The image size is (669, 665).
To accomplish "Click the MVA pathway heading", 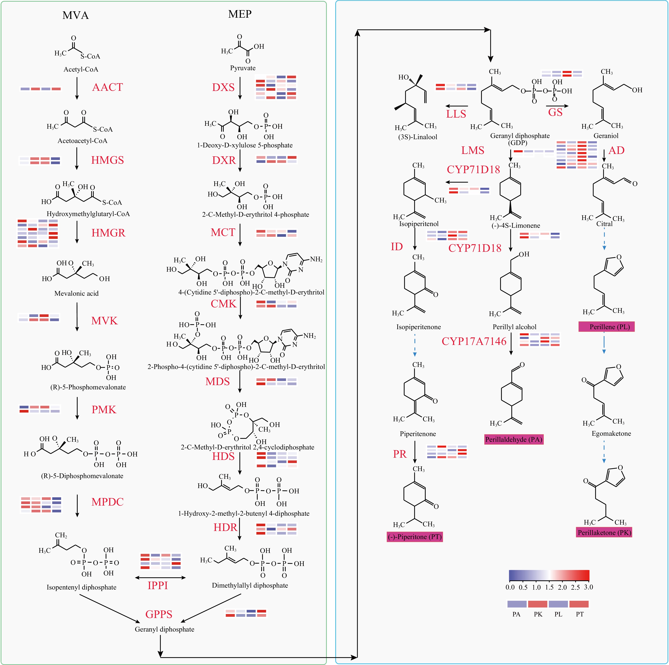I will [x=76, y=15].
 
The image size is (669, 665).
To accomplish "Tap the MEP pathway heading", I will [x=240, y=14].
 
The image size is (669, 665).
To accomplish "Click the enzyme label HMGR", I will [x=108, y=233].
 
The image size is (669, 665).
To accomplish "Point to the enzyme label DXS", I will [x=223, y=87].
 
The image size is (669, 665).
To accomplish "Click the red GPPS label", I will [x=159, y=614].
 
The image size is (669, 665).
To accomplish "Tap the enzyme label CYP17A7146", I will [x=474, y=341].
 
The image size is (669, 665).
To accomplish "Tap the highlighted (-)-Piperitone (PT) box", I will [x=414, y=537].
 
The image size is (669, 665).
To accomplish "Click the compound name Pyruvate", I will [x=243, y=68].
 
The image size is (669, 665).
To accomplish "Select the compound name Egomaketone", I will [x=611, y=433].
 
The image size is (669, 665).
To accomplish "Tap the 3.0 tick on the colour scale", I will [x=588, y=587].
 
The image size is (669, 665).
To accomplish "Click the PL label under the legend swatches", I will [x=558, y=614].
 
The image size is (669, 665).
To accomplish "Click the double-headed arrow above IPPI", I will [x=160, y=577].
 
